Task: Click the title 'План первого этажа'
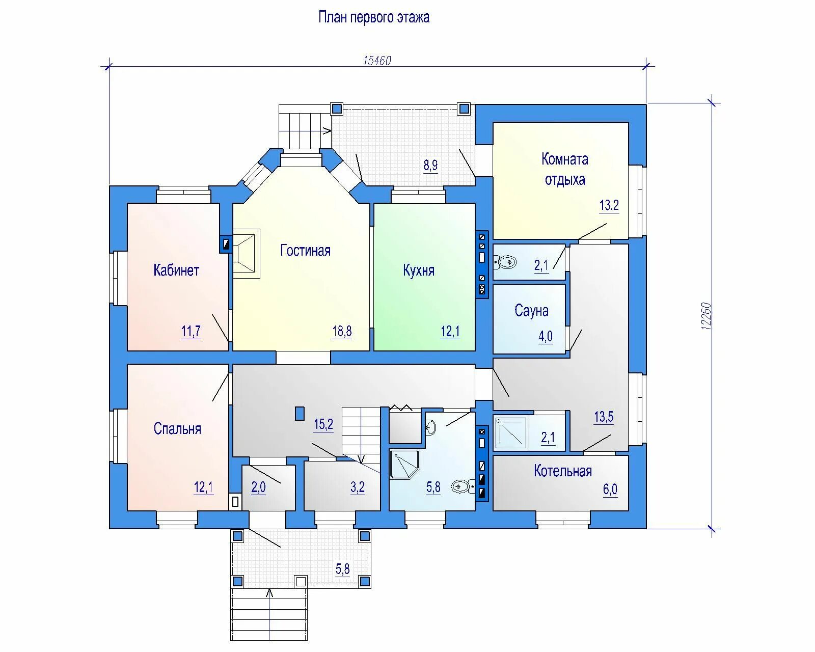[x=374, y=17]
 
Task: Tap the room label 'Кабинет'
[x=176, y=270]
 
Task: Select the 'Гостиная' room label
[x=305, y=251]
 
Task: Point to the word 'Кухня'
[x=419, y=270]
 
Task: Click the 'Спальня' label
[x=177, y=428]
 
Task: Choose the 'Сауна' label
[x=531, y=311]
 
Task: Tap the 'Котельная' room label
[x=563, y=471]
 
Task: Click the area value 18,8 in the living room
[x=342, y=331]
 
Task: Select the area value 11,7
[x=191, y=331]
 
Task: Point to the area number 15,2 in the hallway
[x=323, y=424]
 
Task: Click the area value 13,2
[x=609, y=205]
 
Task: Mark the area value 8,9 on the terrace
[x=430, y=165]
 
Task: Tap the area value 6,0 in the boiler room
[x=610, y=490]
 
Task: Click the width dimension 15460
[x=377, y=61]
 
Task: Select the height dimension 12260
[x=706, y=316]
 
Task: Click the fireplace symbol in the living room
[x=246, y=254]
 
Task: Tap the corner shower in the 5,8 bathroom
[x=404, y=465]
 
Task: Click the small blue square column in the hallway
[x=300, y=413]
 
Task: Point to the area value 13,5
[x=604, y=417]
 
